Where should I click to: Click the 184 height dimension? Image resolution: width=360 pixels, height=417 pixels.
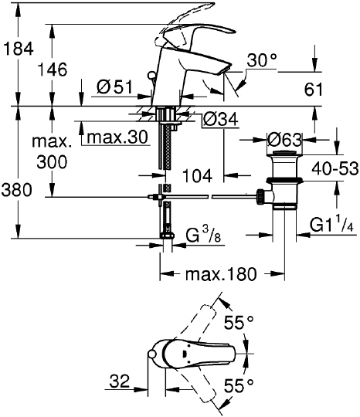tap(18, 49)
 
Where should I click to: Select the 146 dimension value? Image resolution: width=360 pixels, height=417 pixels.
tap(53, 69)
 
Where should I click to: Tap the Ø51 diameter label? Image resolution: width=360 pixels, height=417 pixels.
tap(114, 87)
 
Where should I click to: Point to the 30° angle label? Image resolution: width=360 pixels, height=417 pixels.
tap(262, 60)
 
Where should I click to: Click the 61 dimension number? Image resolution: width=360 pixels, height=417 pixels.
tap(313, 89)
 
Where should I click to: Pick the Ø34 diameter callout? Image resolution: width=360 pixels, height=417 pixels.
tap(220, 120)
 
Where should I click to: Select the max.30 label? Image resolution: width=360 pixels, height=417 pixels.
tap(117, 137)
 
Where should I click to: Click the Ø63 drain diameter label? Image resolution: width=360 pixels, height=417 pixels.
tap(285, 139)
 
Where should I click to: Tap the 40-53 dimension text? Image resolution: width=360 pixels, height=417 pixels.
tap(335, 168)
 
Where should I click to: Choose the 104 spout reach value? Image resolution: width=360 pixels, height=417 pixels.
tap(198, 176)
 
